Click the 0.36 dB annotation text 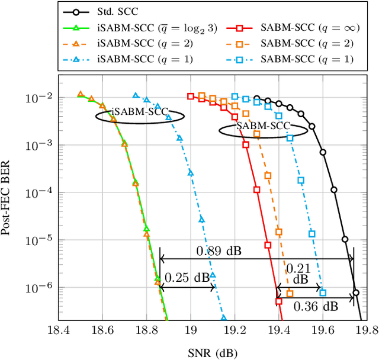tap(316, 306)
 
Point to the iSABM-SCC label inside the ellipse tap(140, 111)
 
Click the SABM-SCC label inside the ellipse tap(263, 126)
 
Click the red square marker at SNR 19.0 tap(191, 96)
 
